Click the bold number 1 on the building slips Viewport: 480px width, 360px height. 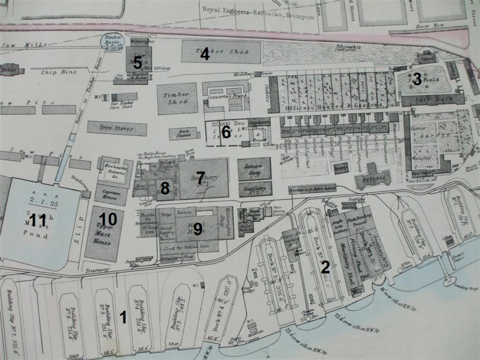pos(123,316)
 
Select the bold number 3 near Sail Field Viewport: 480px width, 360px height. pos(417,79)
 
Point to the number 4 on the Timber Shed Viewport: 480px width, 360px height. pos(205,54)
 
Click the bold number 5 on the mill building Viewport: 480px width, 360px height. pos(138,62)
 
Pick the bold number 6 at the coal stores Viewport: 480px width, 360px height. pos(226,132)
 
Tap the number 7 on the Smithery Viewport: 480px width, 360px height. pos(201,177)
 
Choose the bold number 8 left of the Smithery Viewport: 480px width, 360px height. pos(165,188)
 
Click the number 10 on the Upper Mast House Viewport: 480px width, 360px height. pos(108,219)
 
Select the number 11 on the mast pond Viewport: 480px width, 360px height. pos(38,220)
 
